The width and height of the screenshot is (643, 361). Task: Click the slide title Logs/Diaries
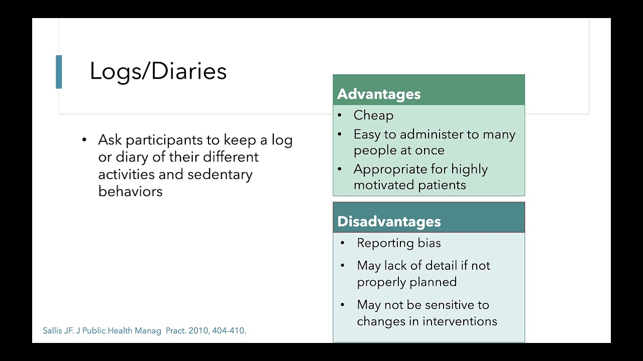click(158, 71)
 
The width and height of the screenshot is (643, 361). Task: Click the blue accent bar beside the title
click(59, 72)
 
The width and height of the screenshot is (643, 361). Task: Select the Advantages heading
click(379, 94)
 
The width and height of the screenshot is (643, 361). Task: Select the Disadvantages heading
click(389, 222)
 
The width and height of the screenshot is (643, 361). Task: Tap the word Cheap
click(373, 115)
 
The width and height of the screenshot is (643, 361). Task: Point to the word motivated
click(384, 185)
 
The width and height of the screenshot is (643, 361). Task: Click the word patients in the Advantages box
click(442, 185)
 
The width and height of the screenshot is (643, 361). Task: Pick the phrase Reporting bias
click(399, 243)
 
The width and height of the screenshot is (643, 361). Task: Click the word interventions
click(460, 321)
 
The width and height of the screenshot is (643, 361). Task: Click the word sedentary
click(220, 174)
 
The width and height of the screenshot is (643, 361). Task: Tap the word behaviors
click(130, 192)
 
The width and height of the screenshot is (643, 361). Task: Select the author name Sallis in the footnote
click(52, 331)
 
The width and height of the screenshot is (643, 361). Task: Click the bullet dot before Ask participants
click(84, 140)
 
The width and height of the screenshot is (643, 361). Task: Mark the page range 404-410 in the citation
click(229, 331)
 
